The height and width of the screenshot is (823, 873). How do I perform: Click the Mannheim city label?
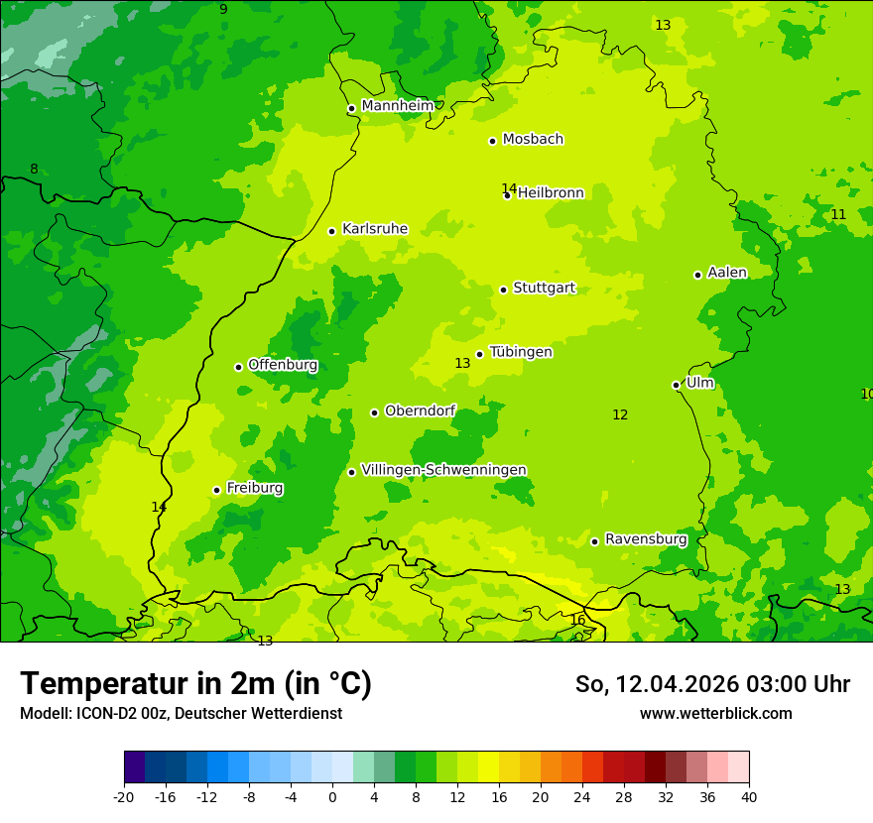point(397,106)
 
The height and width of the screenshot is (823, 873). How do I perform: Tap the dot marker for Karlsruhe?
point(332,231)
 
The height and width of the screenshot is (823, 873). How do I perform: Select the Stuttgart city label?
point(544,289)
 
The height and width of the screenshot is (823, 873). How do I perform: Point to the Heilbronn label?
point(551,193)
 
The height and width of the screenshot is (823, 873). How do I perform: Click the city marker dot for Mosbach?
point(492,141)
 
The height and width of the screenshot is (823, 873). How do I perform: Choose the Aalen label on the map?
point(727,273)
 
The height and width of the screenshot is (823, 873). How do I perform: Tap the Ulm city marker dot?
point(677,385)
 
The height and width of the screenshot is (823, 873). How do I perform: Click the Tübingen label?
point(521,352)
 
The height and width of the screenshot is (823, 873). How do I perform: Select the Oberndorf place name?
point(421,411)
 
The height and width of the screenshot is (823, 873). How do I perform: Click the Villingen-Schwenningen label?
point(443,470)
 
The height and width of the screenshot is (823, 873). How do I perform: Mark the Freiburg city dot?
point(216,490)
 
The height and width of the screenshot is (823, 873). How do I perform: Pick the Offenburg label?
point(283,365)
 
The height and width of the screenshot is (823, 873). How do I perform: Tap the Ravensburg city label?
point(646,539)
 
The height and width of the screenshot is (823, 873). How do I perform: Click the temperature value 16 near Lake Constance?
point(577,621)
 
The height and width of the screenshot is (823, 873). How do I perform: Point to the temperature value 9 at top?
point(223,9)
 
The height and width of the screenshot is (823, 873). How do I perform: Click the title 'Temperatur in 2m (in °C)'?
point(195,683)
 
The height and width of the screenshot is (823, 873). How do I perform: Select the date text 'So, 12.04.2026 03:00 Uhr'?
point(712,684)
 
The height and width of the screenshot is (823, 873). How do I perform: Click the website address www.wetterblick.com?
point(715,713)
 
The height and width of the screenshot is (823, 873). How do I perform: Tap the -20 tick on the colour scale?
point(124,796)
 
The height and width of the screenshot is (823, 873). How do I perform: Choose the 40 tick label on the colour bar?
point(749,796)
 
